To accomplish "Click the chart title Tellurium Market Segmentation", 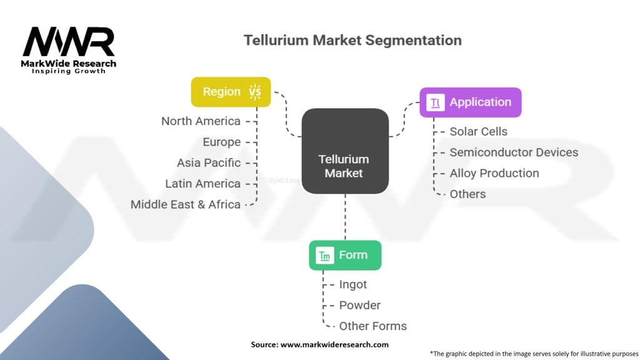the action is tap(352, 41).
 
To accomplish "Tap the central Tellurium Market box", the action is tap(345, 151).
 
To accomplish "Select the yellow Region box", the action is tap(231, 92).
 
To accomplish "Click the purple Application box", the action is tap(471, 102).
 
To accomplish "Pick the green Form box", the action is tap(345, 255).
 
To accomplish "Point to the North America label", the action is tap(201, 121).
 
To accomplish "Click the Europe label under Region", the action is tap(222, 142).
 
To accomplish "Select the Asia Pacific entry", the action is tap(209, 163).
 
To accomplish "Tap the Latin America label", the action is tap(203, 184).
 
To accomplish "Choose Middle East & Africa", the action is tap(185, 204).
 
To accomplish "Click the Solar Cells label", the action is tap(478, 131).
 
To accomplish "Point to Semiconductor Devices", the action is tap(514, 152).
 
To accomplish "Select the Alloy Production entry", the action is tap(494, 173).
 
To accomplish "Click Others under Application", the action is tap(467, 194).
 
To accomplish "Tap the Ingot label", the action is tap(353, 284).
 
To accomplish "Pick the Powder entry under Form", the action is tap(359, 305).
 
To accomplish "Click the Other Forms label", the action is tap(373, 326).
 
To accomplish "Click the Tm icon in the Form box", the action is tap(325, 256).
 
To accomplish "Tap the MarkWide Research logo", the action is tap(69, 50).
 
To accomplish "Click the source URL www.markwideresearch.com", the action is tap(334, 344).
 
